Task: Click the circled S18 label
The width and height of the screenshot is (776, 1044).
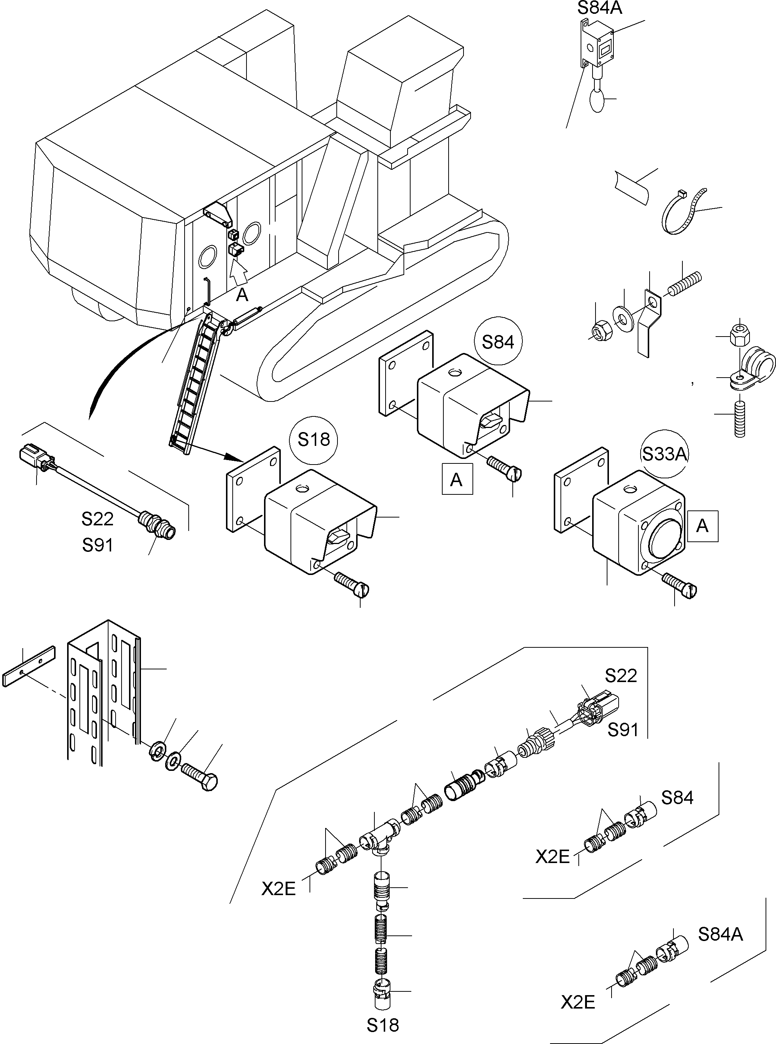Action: (x=314, y=440)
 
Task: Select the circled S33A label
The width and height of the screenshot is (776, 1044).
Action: (x=665, y=454)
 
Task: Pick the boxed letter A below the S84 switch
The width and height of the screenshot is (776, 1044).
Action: (x=456, y=479)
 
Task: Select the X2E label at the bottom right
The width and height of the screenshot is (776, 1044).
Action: (x=578, y=1003)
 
